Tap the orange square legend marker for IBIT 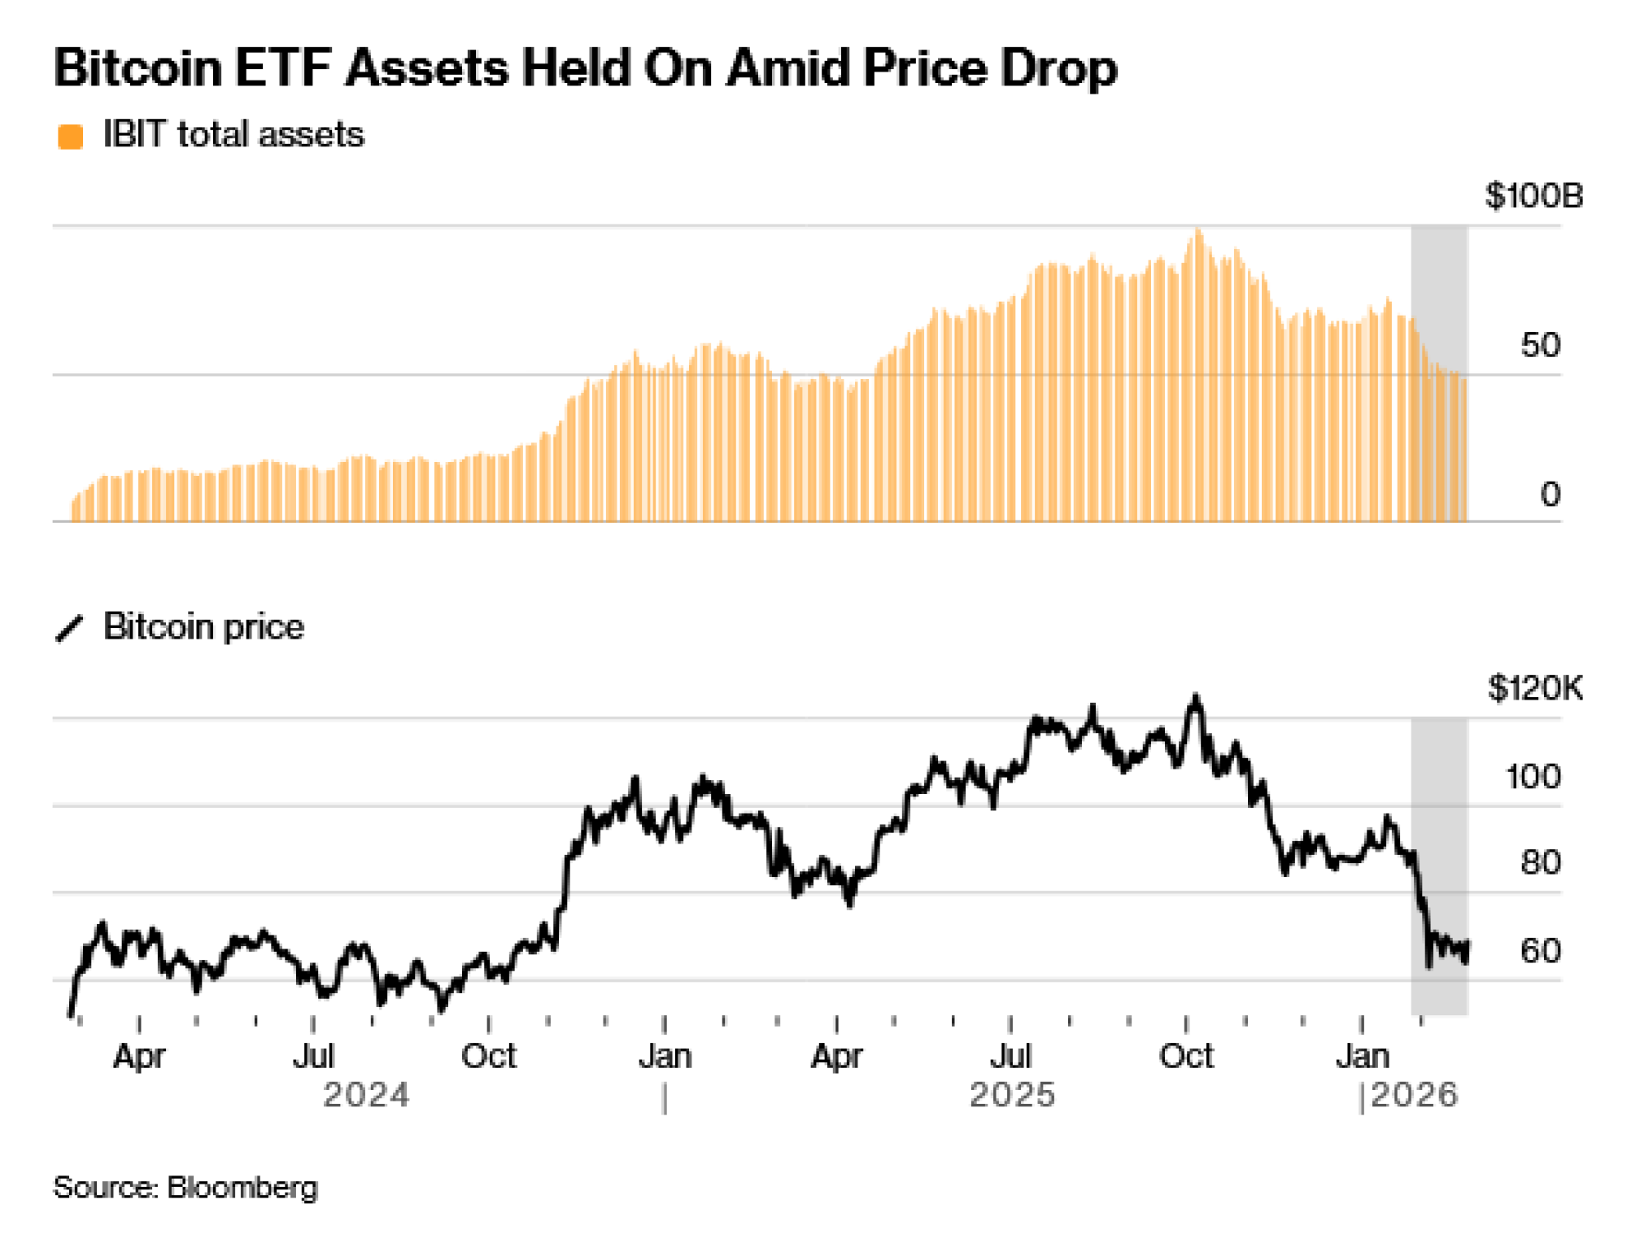coord(71,137)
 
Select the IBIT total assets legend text coord(233,134)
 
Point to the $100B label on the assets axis coord(1533,196)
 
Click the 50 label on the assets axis coord(1540,346)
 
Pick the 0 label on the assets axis coord(1550,495)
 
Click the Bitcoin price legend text coord(203,627)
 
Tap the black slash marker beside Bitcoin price coord(70,628)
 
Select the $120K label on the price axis coord(1535,689)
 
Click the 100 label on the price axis coord(1533,777)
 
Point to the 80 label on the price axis coord(1540,863)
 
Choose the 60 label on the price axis coord(1540,951)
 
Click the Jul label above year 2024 coord(313,1057)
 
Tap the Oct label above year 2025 coord(1186,1057)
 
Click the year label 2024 coord(366,1096)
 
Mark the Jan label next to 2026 coord(1363,1057)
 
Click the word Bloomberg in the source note coord(242,1188)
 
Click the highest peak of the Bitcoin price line coord(1195,697)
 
